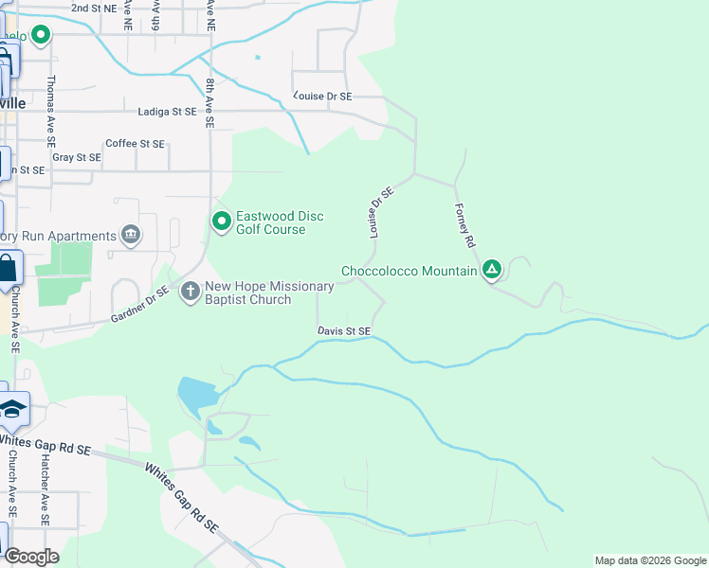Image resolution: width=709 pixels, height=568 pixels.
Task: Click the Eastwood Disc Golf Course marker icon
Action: click(222, 222)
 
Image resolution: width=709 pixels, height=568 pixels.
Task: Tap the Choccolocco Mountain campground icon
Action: click(492, 271)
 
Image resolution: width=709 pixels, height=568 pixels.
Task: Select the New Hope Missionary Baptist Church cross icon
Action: click(190, 292)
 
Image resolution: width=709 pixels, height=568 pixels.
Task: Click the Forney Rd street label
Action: click(464, 225)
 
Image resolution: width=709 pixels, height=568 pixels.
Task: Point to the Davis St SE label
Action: click(343, 330)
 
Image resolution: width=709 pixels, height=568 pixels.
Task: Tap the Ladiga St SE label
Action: click(166, 111)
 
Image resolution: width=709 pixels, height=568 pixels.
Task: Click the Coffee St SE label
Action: click(135, 143)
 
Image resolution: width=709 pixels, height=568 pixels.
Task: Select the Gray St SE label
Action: click(76, 157)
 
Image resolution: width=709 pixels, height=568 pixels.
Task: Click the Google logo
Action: click(31, 557)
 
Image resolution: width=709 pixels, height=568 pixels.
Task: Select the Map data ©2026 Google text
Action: click(650, 560)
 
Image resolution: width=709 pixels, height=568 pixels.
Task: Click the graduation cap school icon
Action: click(12, 408)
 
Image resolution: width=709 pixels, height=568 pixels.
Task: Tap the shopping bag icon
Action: click(7, 269)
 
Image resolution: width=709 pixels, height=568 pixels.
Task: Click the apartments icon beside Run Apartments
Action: click(132, 235)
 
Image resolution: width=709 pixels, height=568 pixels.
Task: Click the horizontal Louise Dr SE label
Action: click(322, 96)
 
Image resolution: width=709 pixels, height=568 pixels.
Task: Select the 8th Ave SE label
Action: click(209, 102)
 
